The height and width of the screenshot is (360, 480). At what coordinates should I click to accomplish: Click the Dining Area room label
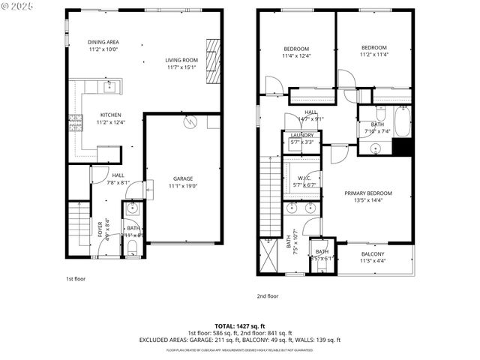click(103, 42)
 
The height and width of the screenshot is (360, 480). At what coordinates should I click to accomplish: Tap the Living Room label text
click(181, 60)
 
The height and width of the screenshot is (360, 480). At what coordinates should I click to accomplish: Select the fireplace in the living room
click(213, 63)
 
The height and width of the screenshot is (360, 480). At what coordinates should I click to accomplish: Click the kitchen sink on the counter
click(109, 87)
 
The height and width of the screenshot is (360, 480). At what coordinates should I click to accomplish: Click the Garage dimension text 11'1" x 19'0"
click(183, 185)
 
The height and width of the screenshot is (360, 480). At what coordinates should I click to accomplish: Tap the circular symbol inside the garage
click(190, 120)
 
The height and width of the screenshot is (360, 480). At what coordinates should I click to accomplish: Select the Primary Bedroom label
click(368, 193)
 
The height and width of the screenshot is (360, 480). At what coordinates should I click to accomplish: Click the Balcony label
click(372, 254)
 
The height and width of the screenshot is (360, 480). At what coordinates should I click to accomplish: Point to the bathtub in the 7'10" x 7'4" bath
click(403, 122)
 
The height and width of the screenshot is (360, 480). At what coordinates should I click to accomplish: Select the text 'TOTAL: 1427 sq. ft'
click(240, 326)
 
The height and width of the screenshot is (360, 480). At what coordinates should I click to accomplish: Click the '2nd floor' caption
click(268, 295)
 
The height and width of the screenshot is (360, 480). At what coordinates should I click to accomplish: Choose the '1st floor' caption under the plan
click(75, 278)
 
